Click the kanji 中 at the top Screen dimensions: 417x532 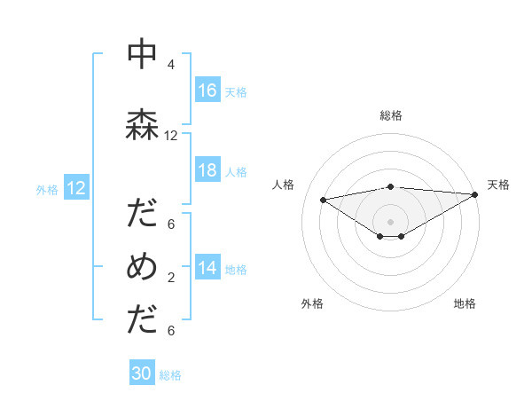tap(143, 54)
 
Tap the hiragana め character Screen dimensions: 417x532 tap(143, 266)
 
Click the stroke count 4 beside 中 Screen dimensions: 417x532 tap(170, 65)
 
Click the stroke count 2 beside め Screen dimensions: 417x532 tap(170, 278)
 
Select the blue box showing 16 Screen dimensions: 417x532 tap(207, 90)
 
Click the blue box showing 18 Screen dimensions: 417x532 tap(207, 170)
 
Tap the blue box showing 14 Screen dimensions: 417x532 tap(207, 268)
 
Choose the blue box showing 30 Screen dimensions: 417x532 tap(142, 374)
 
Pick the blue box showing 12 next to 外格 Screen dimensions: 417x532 tap(75, 188)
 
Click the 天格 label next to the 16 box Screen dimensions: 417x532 tap(236, 91)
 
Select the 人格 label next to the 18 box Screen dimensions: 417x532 tap(236, 171)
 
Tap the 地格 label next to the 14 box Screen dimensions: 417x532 tap(236, 269)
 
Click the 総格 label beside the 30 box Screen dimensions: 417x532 tap(170, 374)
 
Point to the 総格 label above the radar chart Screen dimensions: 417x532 tap(390, 115)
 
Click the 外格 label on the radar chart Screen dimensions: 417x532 tap(312, 303)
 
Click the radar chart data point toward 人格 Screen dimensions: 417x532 tap(324, 199)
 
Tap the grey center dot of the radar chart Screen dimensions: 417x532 tap(390, 220)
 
